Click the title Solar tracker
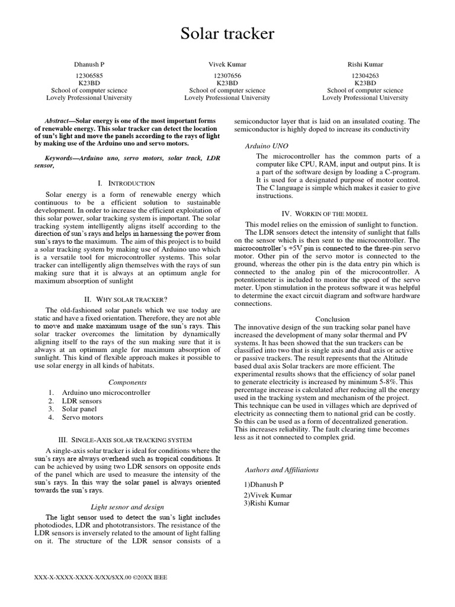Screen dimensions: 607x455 tap(227, 34)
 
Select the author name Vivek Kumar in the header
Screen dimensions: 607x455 tap(227, 65)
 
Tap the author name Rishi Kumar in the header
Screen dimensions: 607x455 tap(365, 65)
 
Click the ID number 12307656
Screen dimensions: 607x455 tap(227, 76)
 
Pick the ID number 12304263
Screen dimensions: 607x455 tap(365, 76)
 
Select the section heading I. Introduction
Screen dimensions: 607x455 tap(129, 184)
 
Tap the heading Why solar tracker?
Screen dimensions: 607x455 tap(129, 299)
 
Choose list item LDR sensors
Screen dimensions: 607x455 tap(82, 401)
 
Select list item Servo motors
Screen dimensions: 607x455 tap(82, 417)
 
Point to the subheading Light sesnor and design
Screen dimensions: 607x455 tap(127, 507)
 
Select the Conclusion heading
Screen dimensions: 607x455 tap(332, 319)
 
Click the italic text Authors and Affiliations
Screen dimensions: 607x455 tap(282, 469)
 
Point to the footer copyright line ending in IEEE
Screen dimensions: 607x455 tap(102, 577)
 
